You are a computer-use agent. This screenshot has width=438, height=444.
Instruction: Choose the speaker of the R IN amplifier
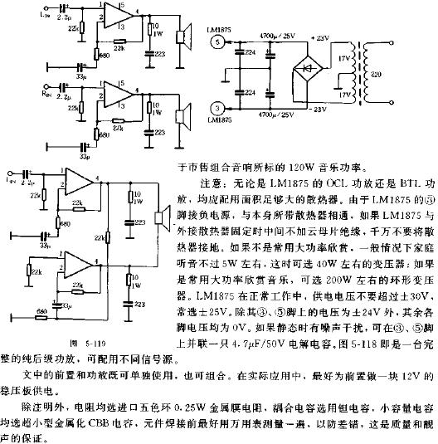coord(184,113)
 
